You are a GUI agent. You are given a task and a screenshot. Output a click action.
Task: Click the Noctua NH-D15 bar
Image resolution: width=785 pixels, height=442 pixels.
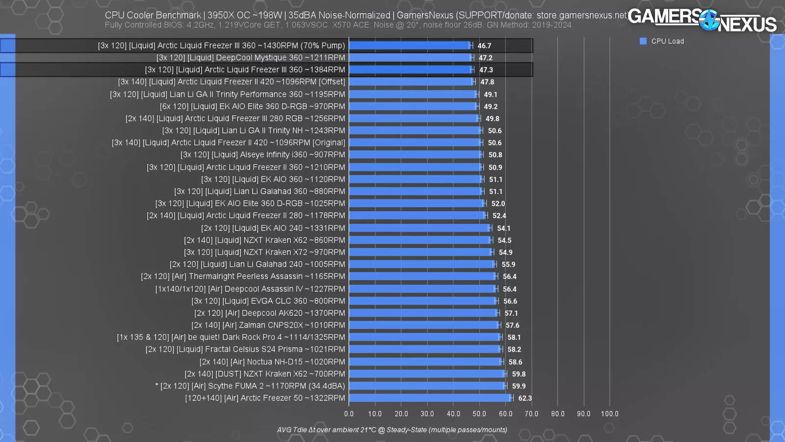pos(426,361)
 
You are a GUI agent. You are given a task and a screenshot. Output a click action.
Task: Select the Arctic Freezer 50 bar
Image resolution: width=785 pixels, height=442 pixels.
pos(430,398)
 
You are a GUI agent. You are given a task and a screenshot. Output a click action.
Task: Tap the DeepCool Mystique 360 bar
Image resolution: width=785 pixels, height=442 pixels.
pos(411,57)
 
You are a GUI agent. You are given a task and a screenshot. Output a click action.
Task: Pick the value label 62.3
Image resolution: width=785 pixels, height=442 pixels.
pos(525,398)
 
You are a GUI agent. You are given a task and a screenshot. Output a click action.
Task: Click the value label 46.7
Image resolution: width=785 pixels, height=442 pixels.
pos(484,46)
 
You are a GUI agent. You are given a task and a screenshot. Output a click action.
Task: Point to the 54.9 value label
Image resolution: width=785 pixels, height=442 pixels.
pos(505,252)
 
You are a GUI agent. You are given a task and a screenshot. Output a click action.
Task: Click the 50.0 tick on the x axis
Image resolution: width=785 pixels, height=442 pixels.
pos(479,414)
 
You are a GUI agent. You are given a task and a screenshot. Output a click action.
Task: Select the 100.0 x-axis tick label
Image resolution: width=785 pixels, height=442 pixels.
pos(609,414)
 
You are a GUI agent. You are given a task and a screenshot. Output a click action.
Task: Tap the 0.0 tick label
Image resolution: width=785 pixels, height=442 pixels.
pos(349,414)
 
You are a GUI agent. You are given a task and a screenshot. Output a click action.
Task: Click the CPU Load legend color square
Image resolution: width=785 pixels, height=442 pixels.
pos(643,41)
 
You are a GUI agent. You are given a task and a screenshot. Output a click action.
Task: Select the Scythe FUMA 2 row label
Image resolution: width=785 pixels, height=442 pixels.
pos(250,386)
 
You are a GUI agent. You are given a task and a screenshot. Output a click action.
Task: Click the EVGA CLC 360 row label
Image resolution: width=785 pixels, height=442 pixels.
pos(268,301)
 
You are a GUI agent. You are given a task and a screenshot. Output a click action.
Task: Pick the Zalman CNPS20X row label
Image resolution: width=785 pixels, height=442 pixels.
pos(268,325)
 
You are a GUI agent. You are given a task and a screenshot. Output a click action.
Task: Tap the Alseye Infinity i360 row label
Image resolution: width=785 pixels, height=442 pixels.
pos(262,155)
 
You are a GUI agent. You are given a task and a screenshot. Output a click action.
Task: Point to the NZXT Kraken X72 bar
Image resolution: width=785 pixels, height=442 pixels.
pos(420,252)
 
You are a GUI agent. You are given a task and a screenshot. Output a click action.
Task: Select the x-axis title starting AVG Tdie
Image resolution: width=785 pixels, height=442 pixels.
pos(392,430)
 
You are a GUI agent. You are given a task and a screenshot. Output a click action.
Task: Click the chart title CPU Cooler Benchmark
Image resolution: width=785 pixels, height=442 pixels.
pos(153,15)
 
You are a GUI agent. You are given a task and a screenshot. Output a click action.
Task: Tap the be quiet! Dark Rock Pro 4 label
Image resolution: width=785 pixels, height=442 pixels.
pos(231,337)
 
